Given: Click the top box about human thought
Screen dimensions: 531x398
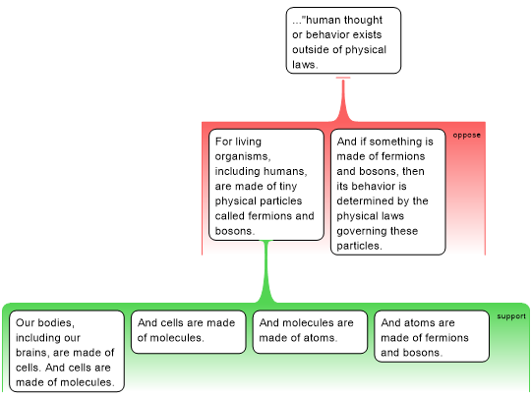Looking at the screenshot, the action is (343, 40).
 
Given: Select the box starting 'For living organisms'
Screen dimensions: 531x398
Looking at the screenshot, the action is (266, 185).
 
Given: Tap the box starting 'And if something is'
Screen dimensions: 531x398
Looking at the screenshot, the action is (388, 192).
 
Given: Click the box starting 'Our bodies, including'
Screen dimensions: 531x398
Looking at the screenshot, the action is (67, 351).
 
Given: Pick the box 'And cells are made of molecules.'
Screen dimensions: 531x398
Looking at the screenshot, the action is (188, 332).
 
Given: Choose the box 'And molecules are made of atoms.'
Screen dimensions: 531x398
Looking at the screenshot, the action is (310, 332).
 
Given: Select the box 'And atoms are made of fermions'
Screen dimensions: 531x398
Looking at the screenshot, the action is (432, 336).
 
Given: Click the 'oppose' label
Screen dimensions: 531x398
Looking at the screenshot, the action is (467, 135).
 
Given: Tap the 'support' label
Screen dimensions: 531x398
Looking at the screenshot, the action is (511, 316).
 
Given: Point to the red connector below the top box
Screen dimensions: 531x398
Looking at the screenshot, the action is (343, 100).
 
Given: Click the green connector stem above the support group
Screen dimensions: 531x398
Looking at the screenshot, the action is (266, 271).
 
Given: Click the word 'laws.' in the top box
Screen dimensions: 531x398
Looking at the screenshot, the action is (305, 64).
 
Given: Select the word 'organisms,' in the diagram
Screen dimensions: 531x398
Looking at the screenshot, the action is (243, 156).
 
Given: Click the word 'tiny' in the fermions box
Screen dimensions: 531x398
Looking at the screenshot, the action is (288, 187).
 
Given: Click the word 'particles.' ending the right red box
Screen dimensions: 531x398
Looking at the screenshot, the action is (359, 246).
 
